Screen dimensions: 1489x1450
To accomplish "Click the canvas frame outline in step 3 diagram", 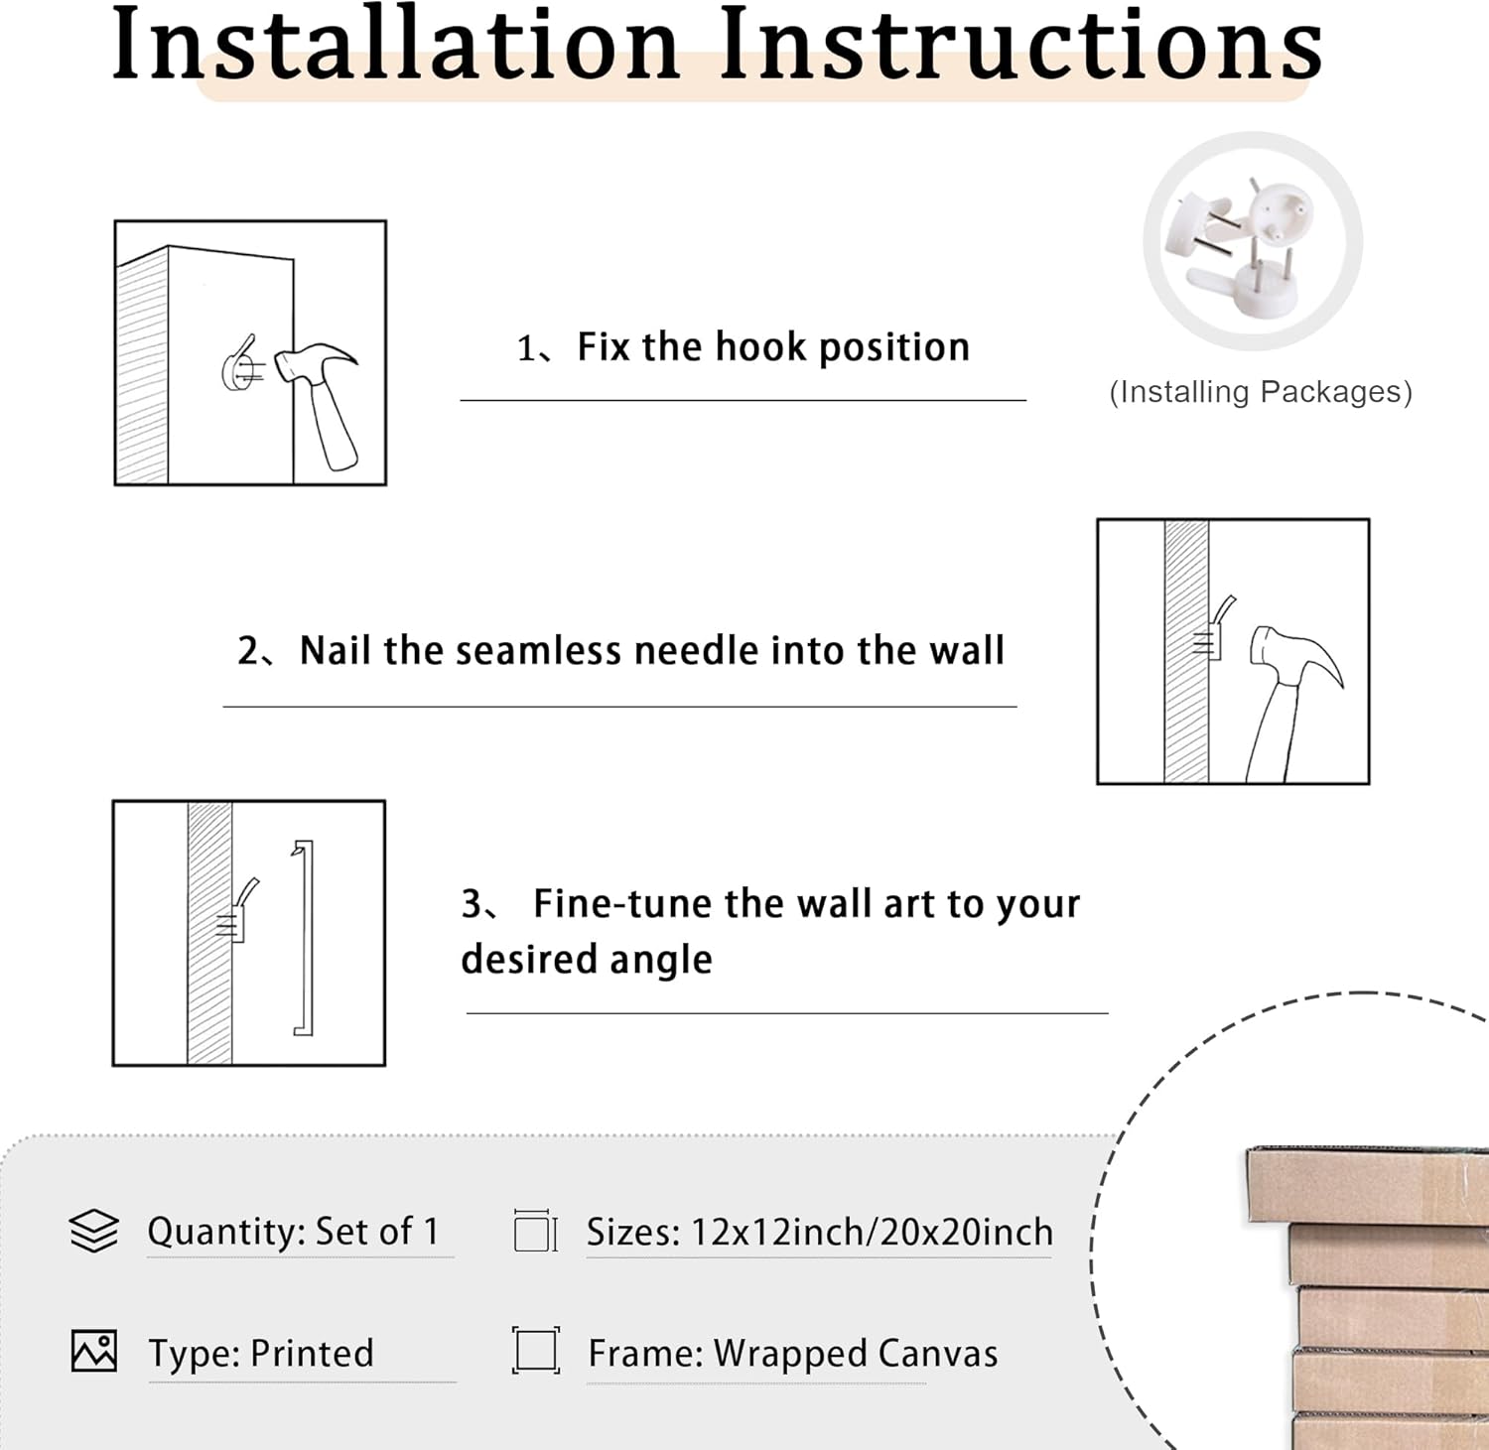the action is [x=305, y=938].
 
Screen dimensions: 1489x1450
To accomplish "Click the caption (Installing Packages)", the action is [x=1261, y=392].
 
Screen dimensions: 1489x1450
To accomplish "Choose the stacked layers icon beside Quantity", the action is [x=94, y=1231].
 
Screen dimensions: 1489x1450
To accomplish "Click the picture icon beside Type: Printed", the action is [x=94, y=1351].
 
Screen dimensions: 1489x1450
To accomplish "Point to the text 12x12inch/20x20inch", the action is [x=872, y=1232].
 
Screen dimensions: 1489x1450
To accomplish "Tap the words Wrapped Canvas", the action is [x=856, y=1354].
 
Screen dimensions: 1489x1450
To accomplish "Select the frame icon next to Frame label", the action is [x=536, y=1351].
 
